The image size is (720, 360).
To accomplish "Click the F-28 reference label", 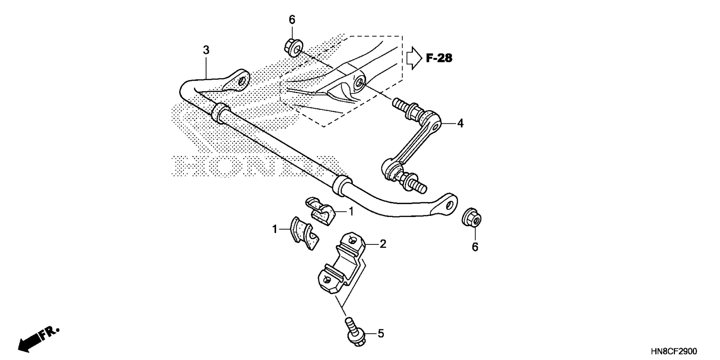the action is tap(439, 58).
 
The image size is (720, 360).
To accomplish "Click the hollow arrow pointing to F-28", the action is tap(414, 58).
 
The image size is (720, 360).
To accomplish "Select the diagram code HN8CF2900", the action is tap(674, 351).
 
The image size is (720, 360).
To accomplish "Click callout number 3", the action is tap(206, 50).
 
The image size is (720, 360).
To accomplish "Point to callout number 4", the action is tap(460, 123).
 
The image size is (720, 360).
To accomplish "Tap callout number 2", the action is tap(382, 244).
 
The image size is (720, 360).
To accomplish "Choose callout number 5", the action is tap(381, 333).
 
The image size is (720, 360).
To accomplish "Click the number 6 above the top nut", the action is tap(292, 19).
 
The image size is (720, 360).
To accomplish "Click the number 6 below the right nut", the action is tap(475, 247).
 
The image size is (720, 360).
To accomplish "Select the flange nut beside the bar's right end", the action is tap(472, 218).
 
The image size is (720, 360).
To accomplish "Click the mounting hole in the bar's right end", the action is tap(450, 205).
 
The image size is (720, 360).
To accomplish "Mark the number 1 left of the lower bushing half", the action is tap(275, 229).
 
